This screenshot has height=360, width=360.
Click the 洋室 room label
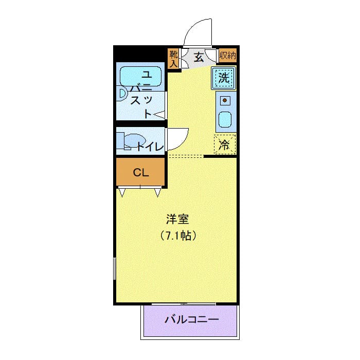178,220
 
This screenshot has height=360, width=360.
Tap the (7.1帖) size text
178,237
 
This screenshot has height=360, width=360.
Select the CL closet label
141,173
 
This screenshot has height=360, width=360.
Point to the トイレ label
151,147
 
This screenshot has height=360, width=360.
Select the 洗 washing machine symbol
224,78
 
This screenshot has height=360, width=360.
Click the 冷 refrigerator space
224,145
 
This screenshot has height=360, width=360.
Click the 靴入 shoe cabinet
173,58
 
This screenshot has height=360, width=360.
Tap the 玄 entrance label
199,56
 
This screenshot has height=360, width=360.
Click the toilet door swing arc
178,135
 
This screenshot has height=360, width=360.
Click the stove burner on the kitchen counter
224,100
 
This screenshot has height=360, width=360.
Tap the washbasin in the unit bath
122,93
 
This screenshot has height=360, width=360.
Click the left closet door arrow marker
122,192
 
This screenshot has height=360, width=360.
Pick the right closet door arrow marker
157,192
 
